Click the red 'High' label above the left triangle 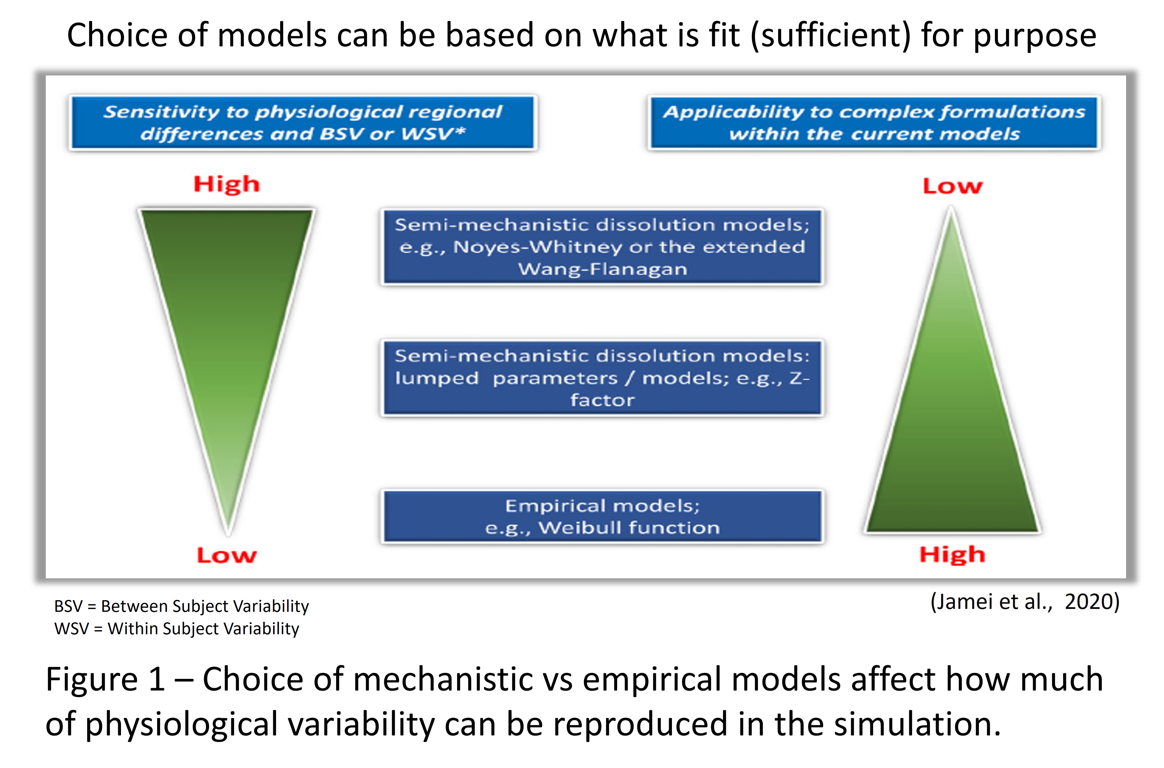click(227, 185)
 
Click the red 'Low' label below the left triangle click(227, 555)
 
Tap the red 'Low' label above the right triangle click(952, 186)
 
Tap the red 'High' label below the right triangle click(952, 555)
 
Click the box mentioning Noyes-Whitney click(602, 247)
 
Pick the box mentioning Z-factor click(602, 378)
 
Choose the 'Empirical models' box click(602, 516)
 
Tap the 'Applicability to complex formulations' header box click(874, 122)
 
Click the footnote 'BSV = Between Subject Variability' click(181, 606)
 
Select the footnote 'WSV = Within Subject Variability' click(176, 628)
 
